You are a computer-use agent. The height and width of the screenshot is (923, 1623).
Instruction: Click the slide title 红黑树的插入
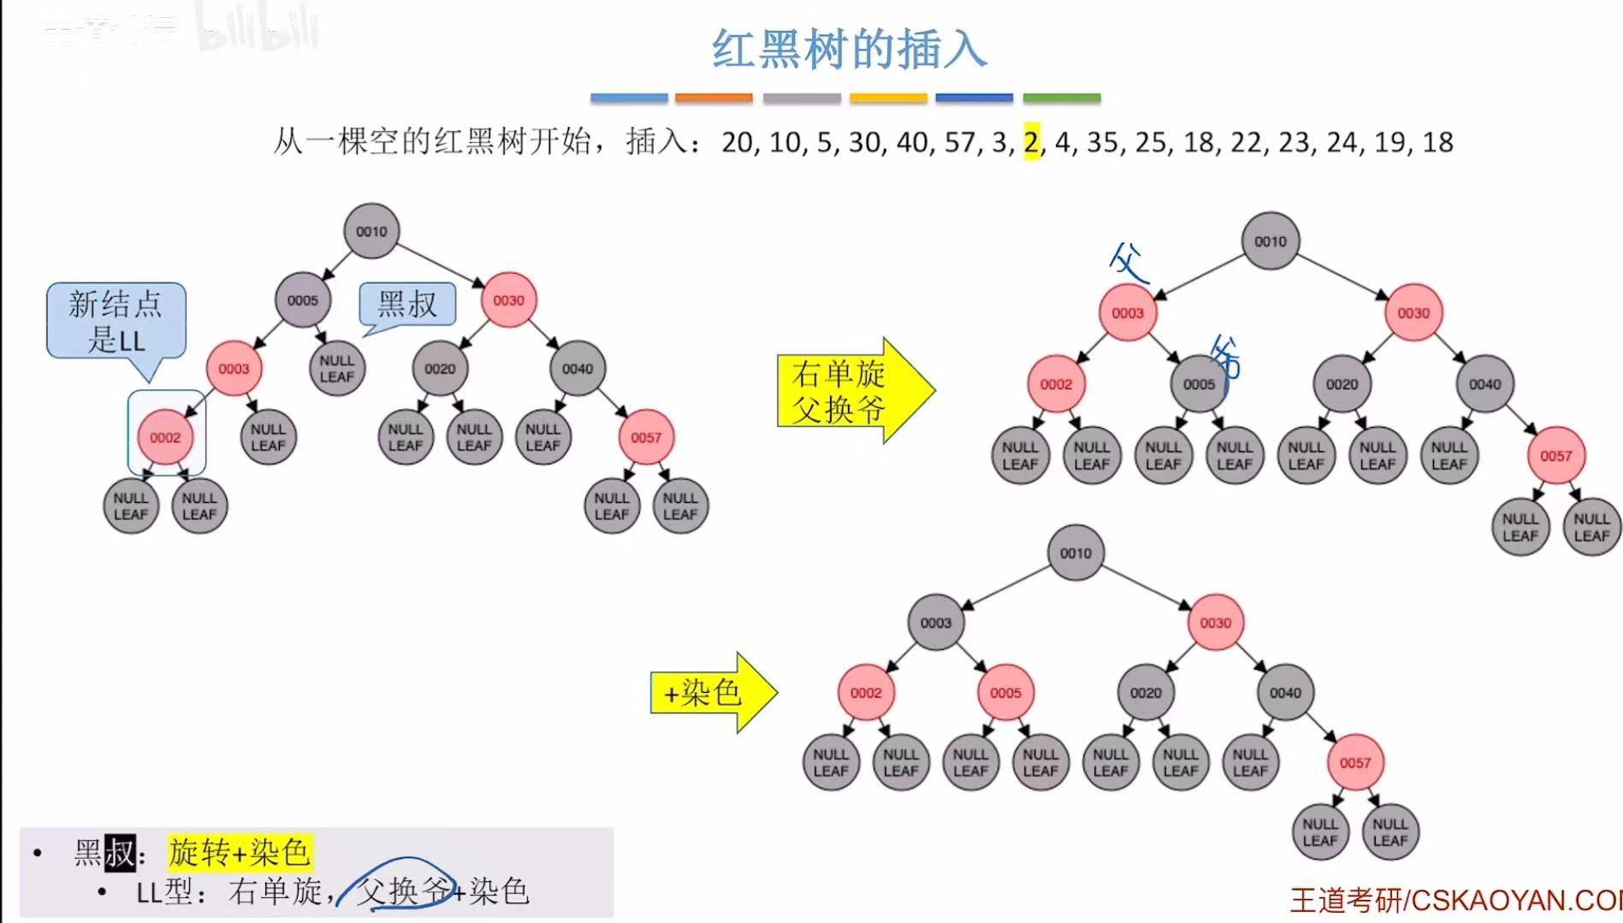tap(850, 49)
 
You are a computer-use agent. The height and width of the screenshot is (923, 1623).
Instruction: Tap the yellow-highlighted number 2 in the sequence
tap(1032, 142)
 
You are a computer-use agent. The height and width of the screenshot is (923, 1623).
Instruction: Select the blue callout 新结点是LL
tap(116, 322)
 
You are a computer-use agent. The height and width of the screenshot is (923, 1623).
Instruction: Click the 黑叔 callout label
tap(408, 305)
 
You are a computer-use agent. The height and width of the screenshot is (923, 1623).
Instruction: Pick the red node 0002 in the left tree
tap(165, 438)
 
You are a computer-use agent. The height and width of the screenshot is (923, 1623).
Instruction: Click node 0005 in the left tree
tap(303, 300)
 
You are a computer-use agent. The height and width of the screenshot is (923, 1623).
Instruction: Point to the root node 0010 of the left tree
tap(371, 231)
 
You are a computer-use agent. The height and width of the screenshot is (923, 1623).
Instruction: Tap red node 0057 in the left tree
tap(646, 438)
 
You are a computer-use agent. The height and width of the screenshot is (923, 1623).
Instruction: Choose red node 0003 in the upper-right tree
tap(1128, 313)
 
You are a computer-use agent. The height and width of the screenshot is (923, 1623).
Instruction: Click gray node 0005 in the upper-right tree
tap(1199, 384)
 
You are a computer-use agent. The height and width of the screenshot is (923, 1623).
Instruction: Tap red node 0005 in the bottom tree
tap(1005, 693)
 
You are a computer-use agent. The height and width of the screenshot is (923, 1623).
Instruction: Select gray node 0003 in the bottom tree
tap(936, 623)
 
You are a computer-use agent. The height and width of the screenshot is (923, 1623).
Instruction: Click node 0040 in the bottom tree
tap(1285, 693)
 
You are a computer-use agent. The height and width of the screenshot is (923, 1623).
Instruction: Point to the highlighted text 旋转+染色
tap(240, 852)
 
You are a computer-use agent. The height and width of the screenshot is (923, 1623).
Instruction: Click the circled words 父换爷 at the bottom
tap(404, 891)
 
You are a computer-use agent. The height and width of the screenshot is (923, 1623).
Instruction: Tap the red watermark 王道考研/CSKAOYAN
tap(1454, 900)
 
